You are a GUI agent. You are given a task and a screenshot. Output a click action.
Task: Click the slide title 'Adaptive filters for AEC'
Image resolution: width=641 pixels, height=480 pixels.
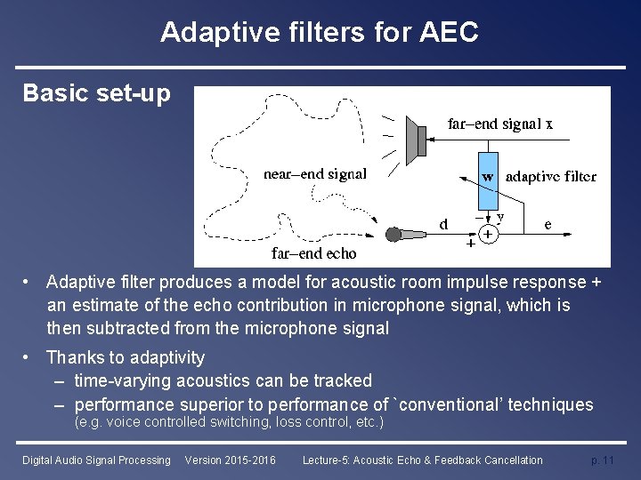point(320,33)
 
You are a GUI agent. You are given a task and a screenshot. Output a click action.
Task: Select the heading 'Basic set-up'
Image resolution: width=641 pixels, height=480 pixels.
point(96,93)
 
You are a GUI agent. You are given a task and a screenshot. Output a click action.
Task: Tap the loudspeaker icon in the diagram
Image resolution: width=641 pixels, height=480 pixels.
point(413,140)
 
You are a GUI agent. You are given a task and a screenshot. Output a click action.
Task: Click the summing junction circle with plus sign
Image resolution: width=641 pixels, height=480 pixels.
point(488,235)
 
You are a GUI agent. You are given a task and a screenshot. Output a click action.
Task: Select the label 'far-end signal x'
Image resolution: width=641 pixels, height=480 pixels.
point(499,124)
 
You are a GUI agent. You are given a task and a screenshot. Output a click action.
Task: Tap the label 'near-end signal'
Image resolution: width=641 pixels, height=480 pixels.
point(314,174)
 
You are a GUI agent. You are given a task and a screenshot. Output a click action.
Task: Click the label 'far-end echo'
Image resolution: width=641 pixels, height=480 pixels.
point(313,254)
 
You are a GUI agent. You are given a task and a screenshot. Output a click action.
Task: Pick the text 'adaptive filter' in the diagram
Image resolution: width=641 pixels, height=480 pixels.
point(550,176)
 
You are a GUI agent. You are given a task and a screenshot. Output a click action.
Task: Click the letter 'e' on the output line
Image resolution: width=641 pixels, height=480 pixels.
point(548,224)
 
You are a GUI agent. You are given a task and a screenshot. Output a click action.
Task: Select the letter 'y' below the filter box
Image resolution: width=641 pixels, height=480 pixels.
point(500,216)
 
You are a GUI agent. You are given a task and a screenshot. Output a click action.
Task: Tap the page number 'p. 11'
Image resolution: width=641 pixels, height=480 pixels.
point(603,460)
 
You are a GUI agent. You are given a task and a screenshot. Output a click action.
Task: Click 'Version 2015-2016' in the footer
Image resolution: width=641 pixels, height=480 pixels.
point(230,460)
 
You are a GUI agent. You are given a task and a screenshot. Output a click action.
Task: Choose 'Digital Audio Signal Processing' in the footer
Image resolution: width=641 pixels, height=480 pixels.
point(96,460)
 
